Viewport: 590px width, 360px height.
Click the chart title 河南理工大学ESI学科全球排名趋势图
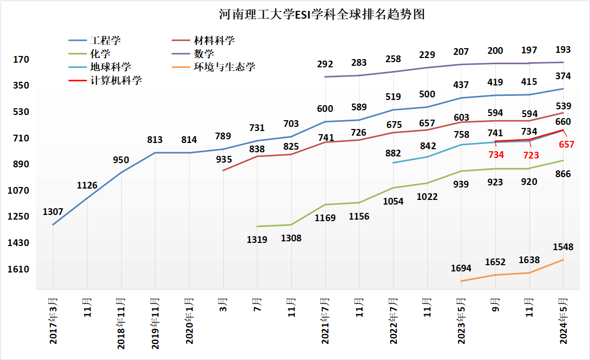321,14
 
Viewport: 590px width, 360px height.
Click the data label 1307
53,212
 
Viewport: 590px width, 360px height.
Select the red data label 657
567,145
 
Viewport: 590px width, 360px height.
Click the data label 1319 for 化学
257,239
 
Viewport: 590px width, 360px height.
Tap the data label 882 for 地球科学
393,153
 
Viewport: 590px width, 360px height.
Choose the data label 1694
461,268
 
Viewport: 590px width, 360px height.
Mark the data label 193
563,50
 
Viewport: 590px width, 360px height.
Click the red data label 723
531,155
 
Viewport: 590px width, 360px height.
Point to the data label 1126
87,185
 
